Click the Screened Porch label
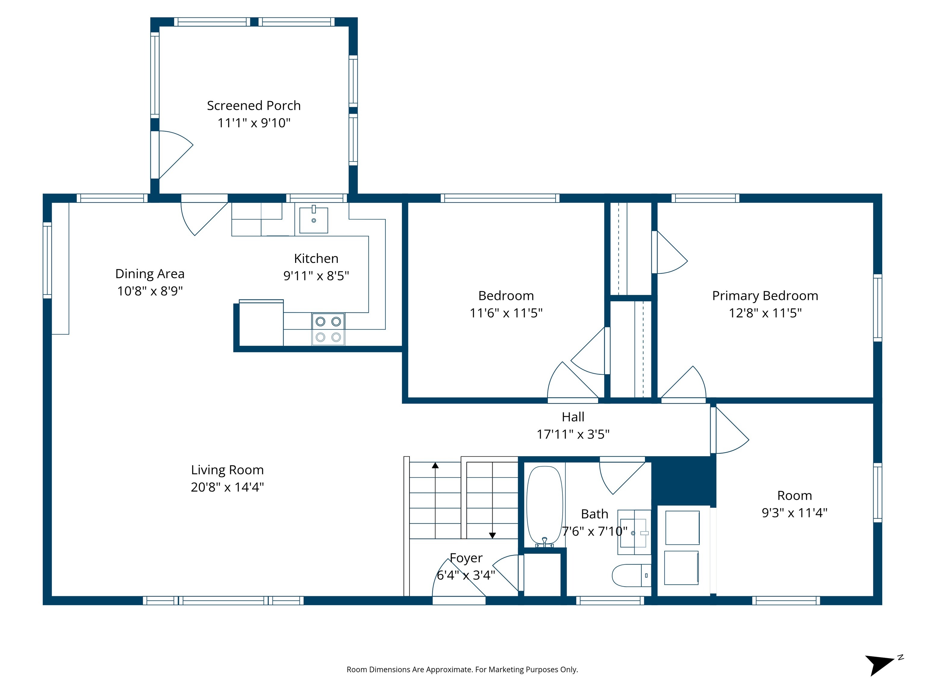coord(254,106)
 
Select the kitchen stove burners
coord(328,329)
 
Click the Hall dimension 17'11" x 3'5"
coord(573,434)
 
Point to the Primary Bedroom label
coord(765,296)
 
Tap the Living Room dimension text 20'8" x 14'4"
coord(227,487)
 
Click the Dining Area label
coord(150,274)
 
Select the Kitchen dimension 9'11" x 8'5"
coord(316,276)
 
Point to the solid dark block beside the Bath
coord(684,481)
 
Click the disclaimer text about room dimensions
coord(462,670)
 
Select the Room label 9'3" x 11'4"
coord(795,504)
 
